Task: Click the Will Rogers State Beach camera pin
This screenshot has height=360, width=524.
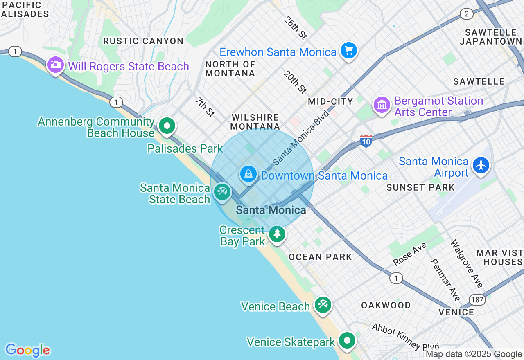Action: (55, 65)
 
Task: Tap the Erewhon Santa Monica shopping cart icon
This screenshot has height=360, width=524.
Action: (349, 51)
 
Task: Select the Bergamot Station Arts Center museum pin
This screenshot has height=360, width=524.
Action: (382, 105)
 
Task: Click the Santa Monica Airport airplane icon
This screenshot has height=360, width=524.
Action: (481, 165)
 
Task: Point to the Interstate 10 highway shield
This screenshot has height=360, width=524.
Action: (366, 141)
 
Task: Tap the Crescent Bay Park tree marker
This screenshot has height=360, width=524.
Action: (277, 234)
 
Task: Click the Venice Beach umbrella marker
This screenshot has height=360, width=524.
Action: (323, 304)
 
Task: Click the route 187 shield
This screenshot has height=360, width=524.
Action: (477, 299)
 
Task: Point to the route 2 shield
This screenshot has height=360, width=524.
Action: (466, 14)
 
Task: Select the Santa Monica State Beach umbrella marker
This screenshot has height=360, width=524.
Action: (222, 191)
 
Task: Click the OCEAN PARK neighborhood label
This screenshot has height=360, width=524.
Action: (320, 257)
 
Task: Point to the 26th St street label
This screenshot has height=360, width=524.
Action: (295, 28)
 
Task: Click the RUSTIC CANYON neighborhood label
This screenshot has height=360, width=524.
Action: (143, 41)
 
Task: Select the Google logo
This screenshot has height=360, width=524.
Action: (27, 350)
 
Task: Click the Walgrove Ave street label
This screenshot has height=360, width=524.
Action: (467, 263)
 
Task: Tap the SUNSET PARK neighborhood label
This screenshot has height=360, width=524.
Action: (420, 187)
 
